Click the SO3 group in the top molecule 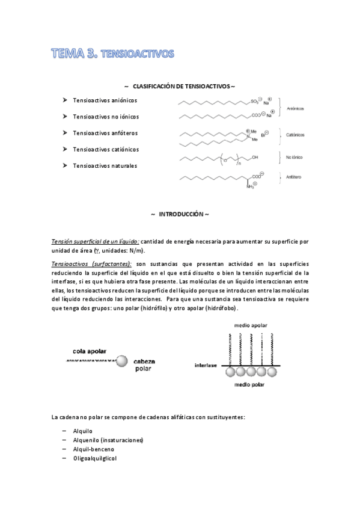point(255,102)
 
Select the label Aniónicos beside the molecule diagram point(295,109)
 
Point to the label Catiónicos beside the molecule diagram point(295,136)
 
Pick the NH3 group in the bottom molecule point(250,187)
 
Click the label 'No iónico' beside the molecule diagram point(294,158)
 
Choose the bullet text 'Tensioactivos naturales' point(105,165)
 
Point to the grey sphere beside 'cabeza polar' point(122,361)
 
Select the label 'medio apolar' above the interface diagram point(251,325)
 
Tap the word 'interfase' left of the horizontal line point(207,365)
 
